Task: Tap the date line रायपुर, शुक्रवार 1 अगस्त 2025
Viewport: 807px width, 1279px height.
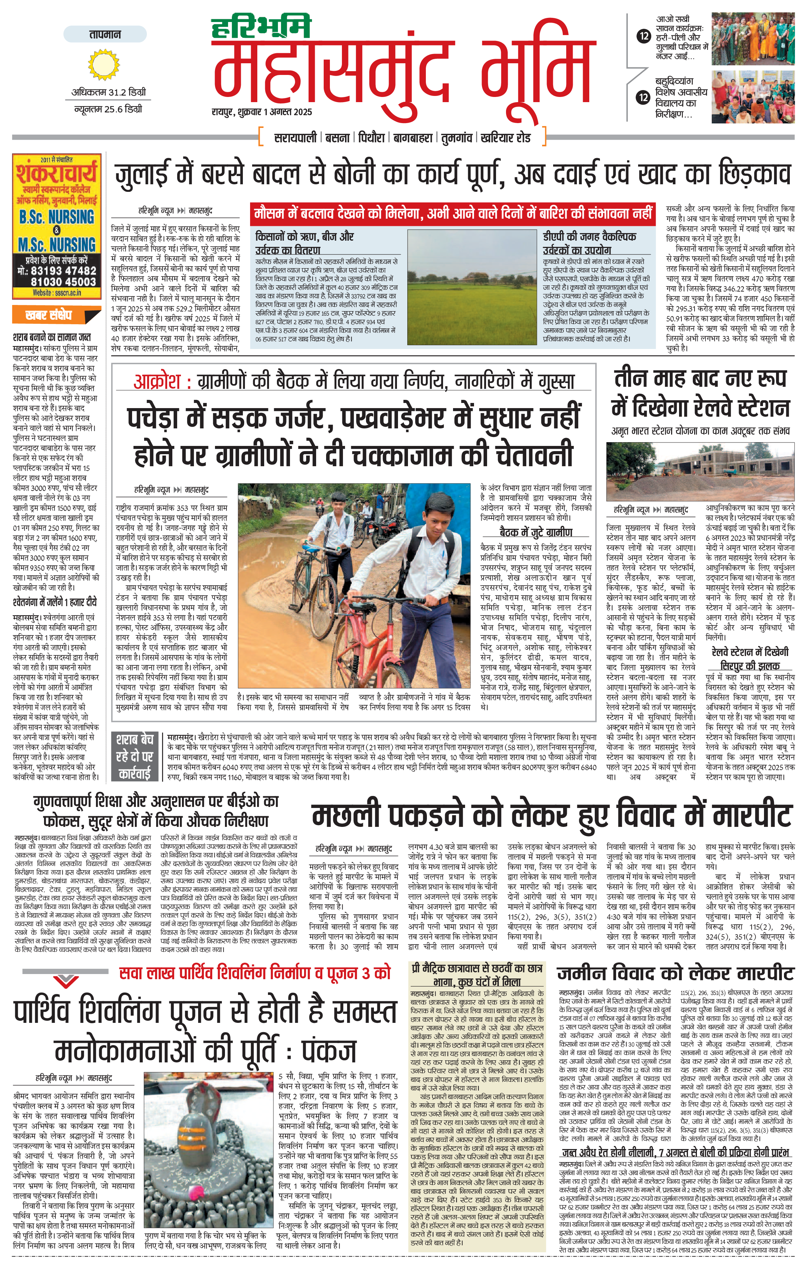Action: (x=261, y=112)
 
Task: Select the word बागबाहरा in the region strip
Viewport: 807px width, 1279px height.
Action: (x=413, y=138)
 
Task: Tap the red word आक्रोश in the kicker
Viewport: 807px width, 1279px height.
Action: (x=159, y=382)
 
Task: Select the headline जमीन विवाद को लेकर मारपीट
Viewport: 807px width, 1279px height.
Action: (x=675, y=974)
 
